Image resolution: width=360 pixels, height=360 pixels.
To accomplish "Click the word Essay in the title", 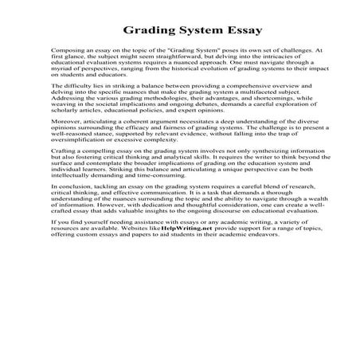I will click(218, 32).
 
